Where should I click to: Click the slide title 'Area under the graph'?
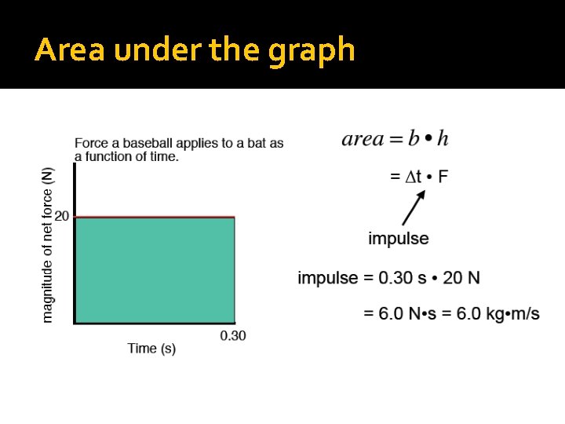(195, 50)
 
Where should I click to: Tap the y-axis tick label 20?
(61, 216)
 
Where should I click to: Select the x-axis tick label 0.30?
(233, 336)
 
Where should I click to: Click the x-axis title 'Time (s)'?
(151, 349)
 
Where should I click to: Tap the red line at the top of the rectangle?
(155, 217)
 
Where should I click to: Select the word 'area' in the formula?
(363, 140)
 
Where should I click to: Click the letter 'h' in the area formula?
(443, 139)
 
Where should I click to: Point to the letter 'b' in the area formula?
(414, 139)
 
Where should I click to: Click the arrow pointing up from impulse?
(414, 209)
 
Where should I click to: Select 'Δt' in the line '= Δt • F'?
(413, 177)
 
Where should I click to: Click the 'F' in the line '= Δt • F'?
(443, 177)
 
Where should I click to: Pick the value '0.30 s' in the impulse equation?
(399, 278)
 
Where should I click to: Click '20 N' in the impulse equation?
(461, 278)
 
